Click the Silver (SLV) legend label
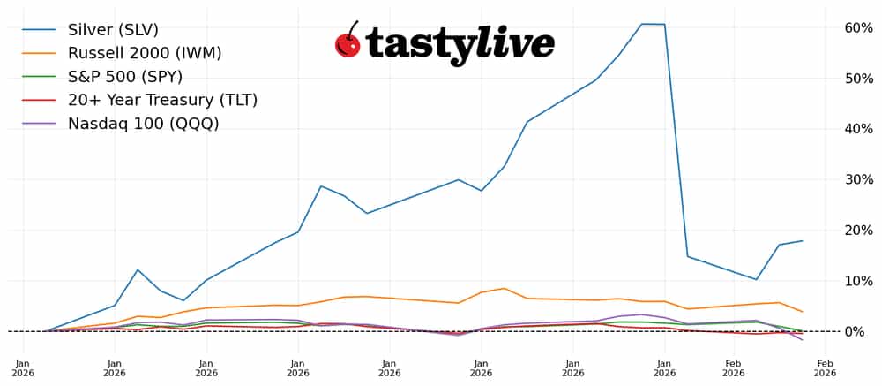(x=113, y=30)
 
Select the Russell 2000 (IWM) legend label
(x=145, y=53)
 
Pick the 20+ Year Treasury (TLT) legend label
(x=162, y=100)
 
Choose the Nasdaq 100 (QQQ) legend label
(x=143, y=124)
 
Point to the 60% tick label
(x=859, y=28)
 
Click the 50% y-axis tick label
(x=859, y=79)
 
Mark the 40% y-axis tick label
(x=859, y=129)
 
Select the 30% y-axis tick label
(x=859, y=179)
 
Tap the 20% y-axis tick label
(x=859, y=231)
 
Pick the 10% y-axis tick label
(x=859, y=281)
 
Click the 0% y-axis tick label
(x=863, y=331)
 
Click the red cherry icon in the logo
(x=348, y=42)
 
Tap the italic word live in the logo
(x=515, y=42)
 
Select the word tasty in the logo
(x=420, y=44)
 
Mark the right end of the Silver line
(x=802, y=241)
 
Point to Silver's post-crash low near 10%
(x=756, y=279)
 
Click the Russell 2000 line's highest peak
(x=504, y=288)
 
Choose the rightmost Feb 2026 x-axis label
(x=825, y=367)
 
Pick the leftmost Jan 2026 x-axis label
(x=23, y=367)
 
